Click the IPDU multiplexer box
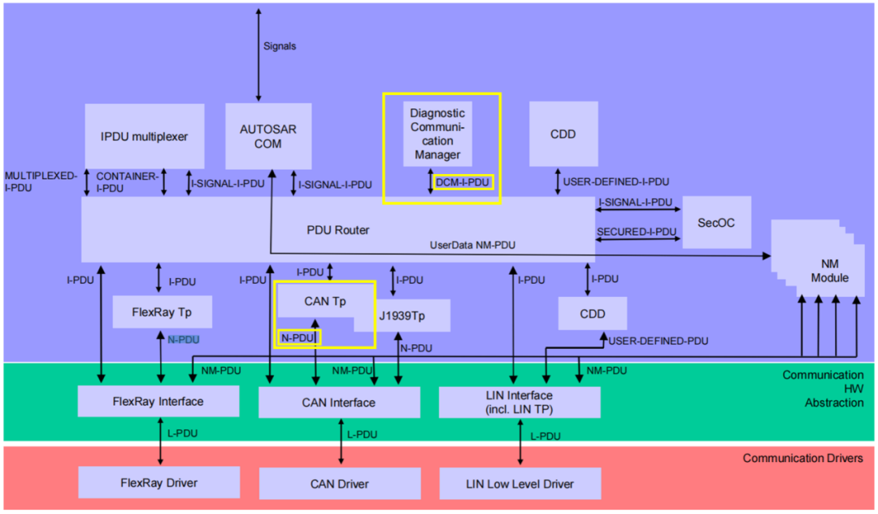[x=144, y=136]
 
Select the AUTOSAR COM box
[x=267, y=136]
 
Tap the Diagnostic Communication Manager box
[x=437, y=133]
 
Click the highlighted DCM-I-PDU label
[x=463, y=182]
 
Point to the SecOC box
[x=716, y=221]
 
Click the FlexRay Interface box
[x=159, y=401]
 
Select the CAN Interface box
[x=339, y=403]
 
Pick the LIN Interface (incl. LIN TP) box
[x=519, y=402]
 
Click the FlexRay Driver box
[x=159, y=482]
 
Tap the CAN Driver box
[x=339, y=484]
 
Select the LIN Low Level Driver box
[x=519, y=484]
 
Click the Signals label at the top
[x=280, y=46]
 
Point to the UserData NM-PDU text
[x=472, y=245]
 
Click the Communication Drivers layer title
[x=802, y=459]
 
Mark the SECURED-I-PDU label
[x=637, y=232]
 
